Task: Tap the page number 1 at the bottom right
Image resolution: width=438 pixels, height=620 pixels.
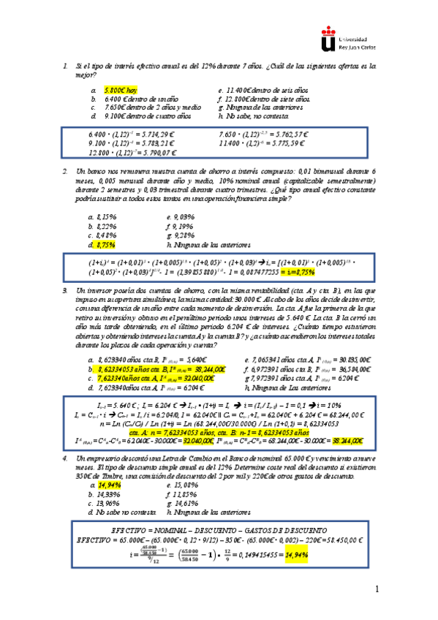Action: (377, 589)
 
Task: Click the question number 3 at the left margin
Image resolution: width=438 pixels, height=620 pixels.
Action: (66, 291)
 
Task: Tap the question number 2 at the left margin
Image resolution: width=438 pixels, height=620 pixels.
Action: (66, 170)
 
